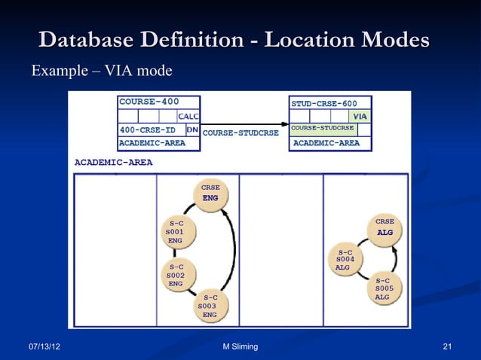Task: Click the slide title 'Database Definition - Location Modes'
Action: click(234, 40)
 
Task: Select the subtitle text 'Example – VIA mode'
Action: click(101, 72)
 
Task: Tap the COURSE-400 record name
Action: click(149, 102)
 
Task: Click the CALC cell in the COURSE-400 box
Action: click(188, 116)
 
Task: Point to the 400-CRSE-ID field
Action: click(148, 130)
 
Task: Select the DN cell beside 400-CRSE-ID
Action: click(192, 130)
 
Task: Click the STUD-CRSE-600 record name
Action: click(324, 102)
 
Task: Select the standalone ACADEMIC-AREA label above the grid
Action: click(113, 162)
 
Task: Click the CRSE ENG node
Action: click(210, 193)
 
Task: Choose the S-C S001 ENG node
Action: click(176, 232)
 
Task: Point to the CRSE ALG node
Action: click(384, 228)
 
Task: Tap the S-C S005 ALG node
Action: click(384, 288)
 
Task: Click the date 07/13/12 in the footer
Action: click(45, 346)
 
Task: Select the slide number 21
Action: click(447, 346)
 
